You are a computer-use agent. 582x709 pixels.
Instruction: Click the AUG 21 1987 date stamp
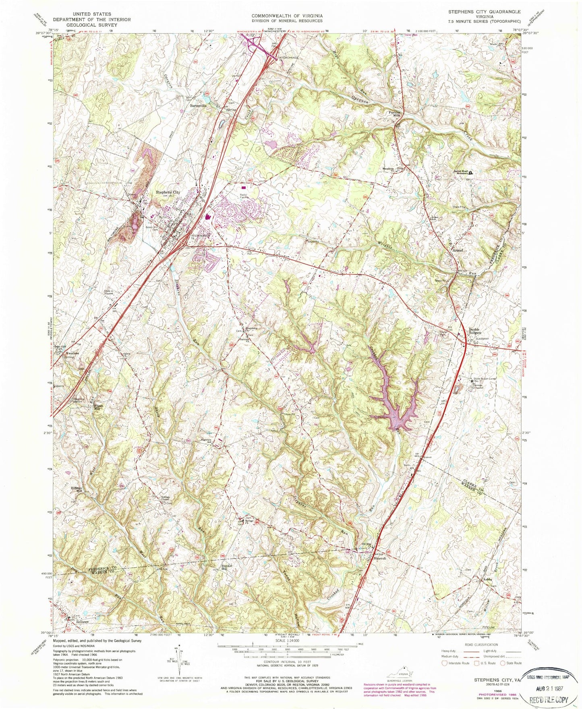coord(549,680)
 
